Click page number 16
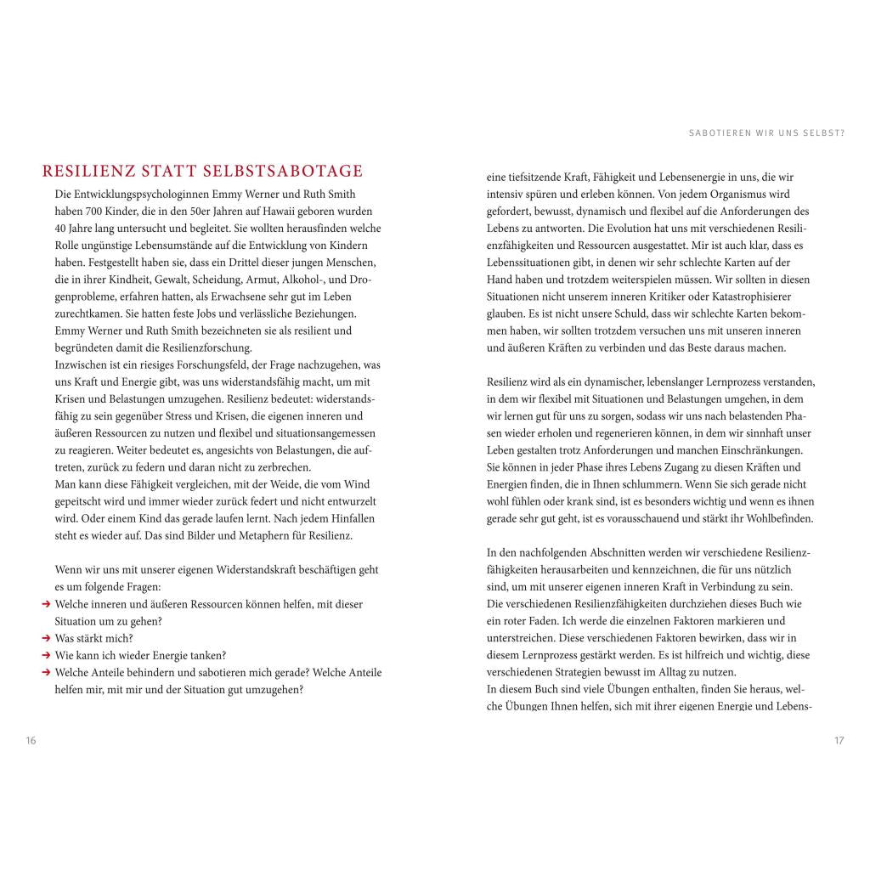[x=31, y=741]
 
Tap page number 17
[x=839, y=741]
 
